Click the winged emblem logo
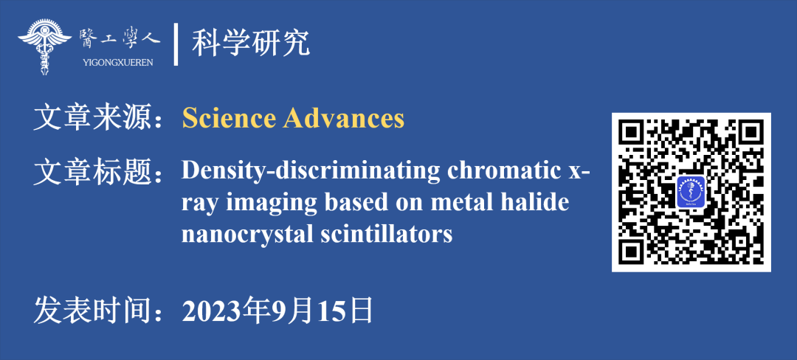click(45, 46)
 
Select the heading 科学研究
click(251, 44)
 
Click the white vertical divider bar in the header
click(176, 44)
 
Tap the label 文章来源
click(95, 119)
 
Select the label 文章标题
click(95, 172)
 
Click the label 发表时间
click(95, 311)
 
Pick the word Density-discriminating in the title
click(311, 172)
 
